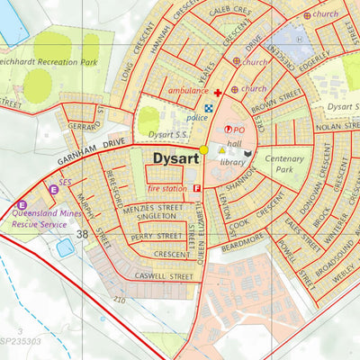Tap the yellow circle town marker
pos(204,149)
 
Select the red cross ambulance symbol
pos(217,92)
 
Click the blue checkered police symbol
pos(210,106)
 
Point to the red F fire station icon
pos(196,188)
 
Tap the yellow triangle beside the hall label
pos(221,150)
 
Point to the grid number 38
pos(83,234)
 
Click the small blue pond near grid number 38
pos(65,247)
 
